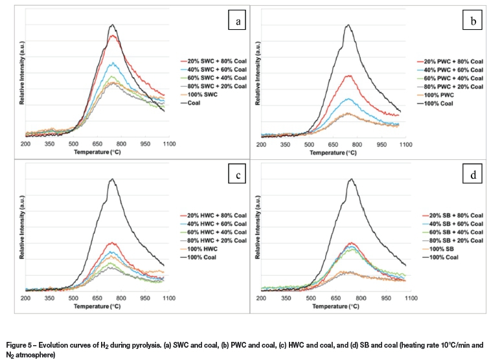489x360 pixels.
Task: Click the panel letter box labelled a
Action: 239,22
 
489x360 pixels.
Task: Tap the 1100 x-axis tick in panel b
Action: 405,143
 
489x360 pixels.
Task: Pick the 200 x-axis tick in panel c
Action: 26,298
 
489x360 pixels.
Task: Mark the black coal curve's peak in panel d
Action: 350,179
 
